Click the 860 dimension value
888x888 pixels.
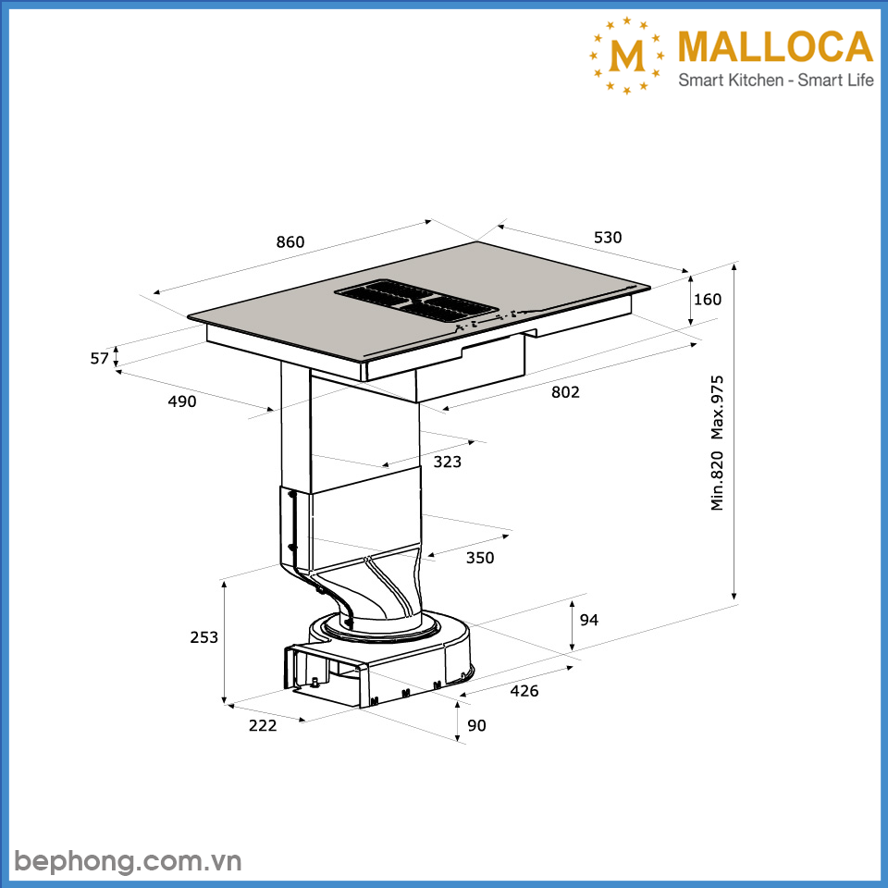(290, 242)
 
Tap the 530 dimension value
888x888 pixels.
(608, 238)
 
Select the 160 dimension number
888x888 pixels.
(707, 300)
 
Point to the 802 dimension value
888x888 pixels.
(565, 392)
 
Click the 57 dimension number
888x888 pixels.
(100, 358)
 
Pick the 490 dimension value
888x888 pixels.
(182, 401)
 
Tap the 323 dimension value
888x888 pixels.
(447, 462)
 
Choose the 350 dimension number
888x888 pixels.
(480, 558)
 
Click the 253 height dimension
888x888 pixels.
(203, 637)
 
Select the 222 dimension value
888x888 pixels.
(263, 725)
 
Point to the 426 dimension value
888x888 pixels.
(524, 691)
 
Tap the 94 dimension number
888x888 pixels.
(589, 620)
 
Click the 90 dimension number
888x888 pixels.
(476, 726)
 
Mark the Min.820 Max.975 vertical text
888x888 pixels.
(718, 442)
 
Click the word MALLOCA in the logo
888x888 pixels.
(775, 48)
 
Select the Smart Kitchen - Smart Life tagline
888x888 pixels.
(776, 80)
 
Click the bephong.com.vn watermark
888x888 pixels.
(129, 861)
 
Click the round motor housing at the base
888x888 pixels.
(388, 638)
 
